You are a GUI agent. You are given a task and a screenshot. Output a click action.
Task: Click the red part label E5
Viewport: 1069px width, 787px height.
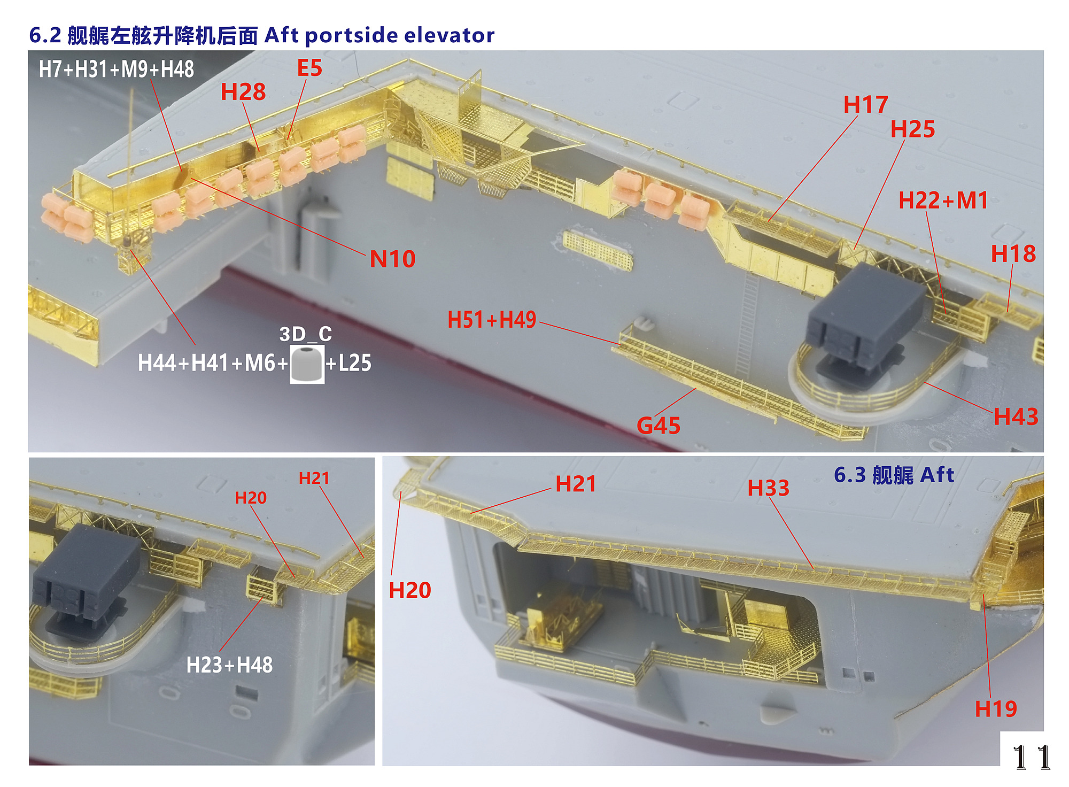coord(309,68)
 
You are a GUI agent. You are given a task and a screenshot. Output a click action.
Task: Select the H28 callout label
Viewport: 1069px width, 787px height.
coord(243,92)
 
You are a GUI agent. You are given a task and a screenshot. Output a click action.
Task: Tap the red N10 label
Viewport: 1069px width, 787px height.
coord(392,259)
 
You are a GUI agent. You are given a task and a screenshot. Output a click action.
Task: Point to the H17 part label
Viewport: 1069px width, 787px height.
coord(865,105)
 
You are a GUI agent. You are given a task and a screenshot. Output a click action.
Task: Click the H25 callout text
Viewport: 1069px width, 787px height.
coord(912,129)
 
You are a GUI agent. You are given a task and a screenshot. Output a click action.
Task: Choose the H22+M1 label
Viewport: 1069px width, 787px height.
coord(943,200)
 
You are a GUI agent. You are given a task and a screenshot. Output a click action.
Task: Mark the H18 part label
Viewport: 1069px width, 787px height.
coord(1013,254)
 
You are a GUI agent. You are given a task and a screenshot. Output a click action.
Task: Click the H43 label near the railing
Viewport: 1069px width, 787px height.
coord(1016,416)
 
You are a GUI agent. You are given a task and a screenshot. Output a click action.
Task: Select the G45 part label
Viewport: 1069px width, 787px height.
coord(659,426)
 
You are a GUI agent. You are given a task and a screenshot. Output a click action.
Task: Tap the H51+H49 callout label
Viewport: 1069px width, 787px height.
coord(492,320)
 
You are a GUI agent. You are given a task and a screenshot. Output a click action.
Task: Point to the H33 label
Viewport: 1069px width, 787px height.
coord(768,488)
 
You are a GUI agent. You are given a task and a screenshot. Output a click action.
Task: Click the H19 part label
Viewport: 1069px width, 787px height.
coord(995,709)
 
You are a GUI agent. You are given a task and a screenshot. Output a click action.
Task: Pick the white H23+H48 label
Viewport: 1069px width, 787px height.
coord(229,665)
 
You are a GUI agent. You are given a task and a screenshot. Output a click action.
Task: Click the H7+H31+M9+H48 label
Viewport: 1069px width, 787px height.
coord(116,70)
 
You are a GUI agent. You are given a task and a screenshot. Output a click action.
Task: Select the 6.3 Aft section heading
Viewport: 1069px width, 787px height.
coord(894,475)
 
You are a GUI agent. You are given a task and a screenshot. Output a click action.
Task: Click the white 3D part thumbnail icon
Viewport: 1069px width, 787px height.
coord(307,364)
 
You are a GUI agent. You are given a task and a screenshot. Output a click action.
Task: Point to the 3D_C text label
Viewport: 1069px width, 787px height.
coord(305,334)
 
